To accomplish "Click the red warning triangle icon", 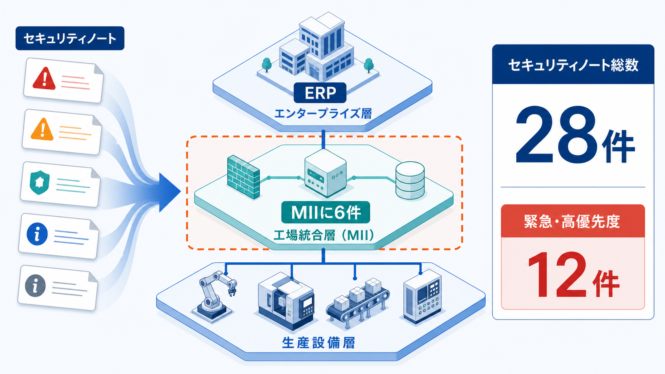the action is (x=44, y=78).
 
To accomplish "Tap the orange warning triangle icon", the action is (x=43, y=129).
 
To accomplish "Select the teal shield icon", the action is (x=40, y=182).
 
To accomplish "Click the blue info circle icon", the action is (x=37, y=234).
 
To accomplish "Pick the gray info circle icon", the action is (x=35, y=286).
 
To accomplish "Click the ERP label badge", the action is (x=320, y=93).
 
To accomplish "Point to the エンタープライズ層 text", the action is (x=323, y=114).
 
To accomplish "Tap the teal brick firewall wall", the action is (x=243, y=177).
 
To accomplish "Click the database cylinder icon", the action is (x=410, y=180).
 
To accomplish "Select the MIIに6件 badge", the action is (x=326, y=212).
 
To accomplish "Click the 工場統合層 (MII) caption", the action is (x=324, y=236).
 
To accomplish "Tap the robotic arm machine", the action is (x=214, y=295).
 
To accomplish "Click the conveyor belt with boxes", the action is (x=358, y=304).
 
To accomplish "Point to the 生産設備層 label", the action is (x=318, y=343).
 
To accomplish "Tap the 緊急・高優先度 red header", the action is (x=573, y=221).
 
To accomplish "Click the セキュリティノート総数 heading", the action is (x=573, y=65).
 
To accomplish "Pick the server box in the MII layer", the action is (x=325, y=173).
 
